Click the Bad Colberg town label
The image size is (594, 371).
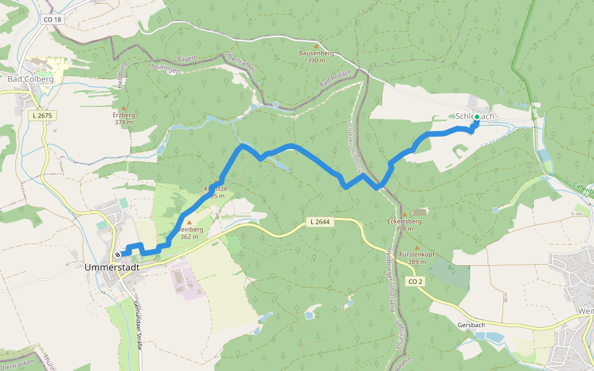click(x=30, y=79)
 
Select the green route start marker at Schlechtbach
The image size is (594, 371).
click(x=477, y=116)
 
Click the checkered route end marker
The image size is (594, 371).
click(x=118, y=254)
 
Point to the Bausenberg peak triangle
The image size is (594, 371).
click(x=316, y=46)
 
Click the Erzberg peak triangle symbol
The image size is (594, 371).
click(x=124, y=108)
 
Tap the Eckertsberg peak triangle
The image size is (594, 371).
click(x=404, y=214)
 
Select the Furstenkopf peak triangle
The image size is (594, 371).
click(x=416, y=248)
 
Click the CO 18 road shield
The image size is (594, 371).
click(x=53, y=20)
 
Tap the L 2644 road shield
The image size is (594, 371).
click(x=320, y=222)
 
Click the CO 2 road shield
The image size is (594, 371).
click(x=415, y=282)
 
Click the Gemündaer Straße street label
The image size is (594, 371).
click(x=137, y=325)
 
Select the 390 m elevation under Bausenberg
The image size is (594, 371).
click(x=316, y=60)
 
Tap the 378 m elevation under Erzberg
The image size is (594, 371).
click(x=124, y=122)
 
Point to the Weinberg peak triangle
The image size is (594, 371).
click(x=189, y=223)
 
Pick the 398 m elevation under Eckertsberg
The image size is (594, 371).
click(x=404, y=228)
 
